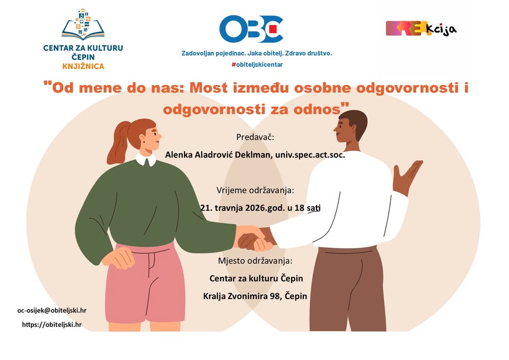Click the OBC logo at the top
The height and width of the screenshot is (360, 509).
click(x=251, y=29)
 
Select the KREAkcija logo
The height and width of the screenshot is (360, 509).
click(x=421, y=29)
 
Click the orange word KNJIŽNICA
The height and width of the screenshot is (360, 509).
click(x=83, y=67)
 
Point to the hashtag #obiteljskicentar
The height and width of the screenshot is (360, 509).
click(x=257, y=65)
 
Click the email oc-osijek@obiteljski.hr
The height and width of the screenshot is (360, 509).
click(x=52, y=310)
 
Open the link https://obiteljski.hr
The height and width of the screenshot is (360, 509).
click(x=51, y=324)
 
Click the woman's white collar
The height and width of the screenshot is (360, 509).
click(x=146, y=160)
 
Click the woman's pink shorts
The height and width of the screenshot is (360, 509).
click(x=145, y=283)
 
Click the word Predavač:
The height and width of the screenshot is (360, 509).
click(x=255, y=137)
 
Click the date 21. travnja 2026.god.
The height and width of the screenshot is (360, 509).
click(x=242, y=208)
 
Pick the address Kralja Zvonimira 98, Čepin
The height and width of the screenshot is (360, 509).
click(x=255, y=296)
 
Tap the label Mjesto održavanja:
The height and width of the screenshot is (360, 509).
click(x=255, y=261)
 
